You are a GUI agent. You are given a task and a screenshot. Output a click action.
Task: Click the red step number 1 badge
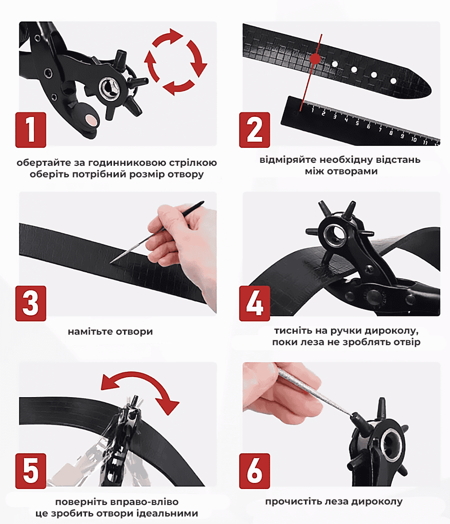[31, 130]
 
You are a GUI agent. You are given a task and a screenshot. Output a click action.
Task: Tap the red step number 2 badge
[254, 130]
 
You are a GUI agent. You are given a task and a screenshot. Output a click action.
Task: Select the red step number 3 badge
[31, 303]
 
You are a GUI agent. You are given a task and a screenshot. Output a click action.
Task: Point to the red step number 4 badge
[254, 303]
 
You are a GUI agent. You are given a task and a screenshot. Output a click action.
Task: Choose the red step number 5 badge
[31, 471]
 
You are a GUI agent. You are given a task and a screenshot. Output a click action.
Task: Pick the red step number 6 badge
[254, 471]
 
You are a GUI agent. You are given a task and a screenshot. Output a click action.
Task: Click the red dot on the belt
[315, 59]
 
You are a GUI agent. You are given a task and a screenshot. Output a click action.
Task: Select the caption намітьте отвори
[110, 332]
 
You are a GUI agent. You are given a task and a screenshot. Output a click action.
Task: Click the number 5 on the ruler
[357, 123]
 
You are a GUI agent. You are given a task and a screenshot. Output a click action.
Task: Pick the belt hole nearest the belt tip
[393, 80]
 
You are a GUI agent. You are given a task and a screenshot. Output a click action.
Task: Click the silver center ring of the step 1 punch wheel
[110, 88]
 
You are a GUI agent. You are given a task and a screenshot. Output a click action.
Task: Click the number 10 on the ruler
[413, 139]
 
